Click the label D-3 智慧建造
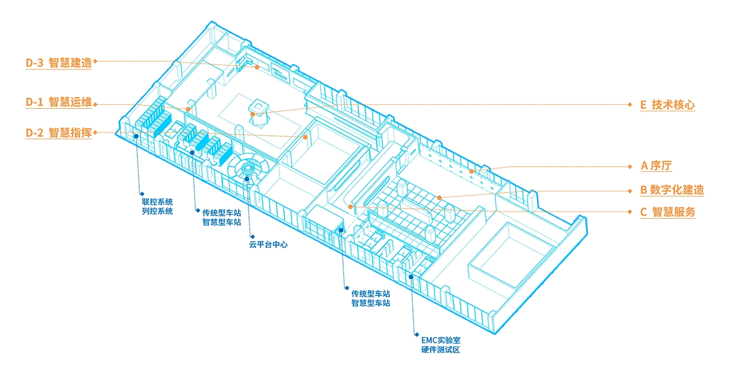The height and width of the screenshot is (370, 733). pyautogui.click(x=58, y=62)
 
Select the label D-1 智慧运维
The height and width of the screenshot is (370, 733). pyautogui.click(x=58, y=102)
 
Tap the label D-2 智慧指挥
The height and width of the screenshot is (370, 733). pyautogui.click(x=58, y=133)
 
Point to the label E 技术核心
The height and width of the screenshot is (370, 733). pyautogui.click(x=667, y=105)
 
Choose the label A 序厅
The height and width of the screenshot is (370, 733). pyautogui.click(x=656, y=166)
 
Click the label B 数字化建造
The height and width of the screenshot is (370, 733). pyautogui.click(x=672, y=190)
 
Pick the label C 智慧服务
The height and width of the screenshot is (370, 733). pyautogui.click(x=668, y=212)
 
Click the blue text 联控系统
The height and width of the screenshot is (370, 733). pyautogui.click(x=157, y=202)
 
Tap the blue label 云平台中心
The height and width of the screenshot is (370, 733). pyautogui.click(x=269, y=245)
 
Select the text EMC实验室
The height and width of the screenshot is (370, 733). pyautogui.click(x=441, y=341)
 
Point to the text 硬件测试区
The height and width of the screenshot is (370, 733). pyautogui.click(x=441, y=350)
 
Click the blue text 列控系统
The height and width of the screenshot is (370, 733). pyautogui.click(x=157, y=211)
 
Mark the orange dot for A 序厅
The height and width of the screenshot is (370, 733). pyautogui.click(x=471, y=171)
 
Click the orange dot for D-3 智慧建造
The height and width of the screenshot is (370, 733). pyautogui.click(x=257, y=67)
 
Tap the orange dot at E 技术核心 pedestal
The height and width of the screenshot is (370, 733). pyautogui.click(x=253, y=115)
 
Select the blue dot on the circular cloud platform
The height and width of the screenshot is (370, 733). pyautogui.click(x=247, y=179)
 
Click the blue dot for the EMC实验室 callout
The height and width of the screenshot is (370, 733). pyautogui.click(x=411, y=277)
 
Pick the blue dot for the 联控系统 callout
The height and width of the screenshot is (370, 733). pyautogui.click(x=136, y=136)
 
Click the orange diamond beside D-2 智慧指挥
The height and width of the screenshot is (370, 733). pyautogui.click(x=95, y=133)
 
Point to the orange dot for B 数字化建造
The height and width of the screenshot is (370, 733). pyautogui.click(x=439, y=198)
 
